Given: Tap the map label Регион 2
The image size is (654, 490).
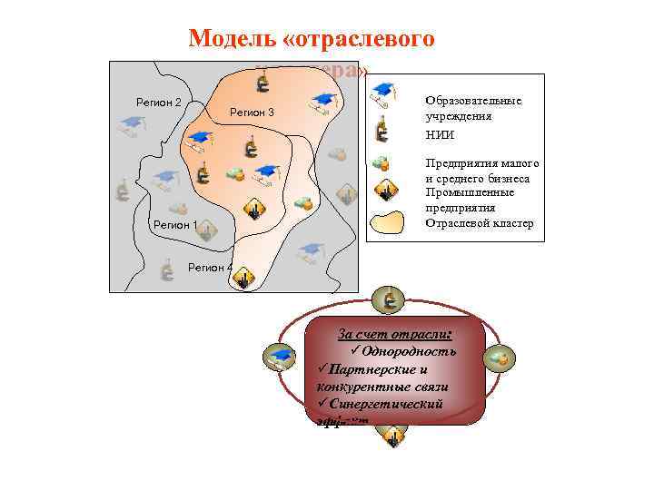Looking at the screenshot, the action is (159, 101).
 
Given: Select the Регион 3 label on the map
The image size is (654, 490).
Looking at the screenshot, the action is (252, 112).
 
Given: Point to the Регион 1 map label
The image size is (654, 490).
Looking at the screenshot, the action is (175, 224).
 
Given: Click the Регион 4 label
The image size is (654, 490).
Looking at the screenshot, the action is (209, 267).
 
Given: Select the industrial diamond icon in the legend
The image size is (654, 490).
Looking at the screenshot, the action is (387, 191).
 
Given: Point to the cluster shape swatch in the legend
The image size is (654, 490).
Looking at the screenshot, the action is (391, 222).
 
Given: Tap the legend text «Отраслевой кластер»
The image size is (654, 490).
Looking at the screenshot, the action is (480, 223).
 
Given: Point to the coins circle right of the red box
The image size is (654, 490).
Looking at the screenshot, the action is (500, 359).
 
